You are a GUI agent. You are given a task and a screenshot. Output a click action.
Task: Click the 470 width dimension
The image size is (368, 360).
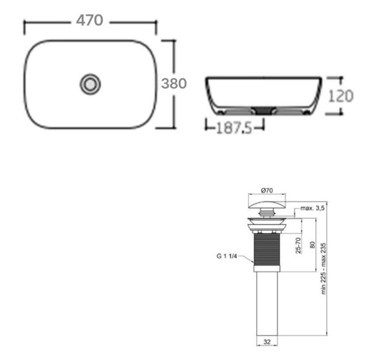coord(90,21)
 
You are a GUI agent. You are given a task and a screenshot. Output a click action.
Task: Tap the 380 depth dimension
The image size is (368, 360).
coord(174,84)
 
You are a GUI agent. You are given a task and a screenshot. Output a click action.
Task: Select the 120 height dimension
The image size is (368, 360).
coord(341,95)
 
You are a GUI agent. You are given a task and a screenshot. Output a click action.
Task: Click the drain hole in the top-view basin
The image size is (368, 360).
coord(90,83)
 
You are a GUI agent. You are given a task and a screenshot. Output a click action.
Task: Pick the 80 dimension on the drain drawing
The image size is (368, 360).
coord(313,245)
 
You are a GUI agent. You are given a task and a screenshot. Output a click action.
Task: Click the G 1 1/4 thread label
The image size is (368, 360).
coord(228,256)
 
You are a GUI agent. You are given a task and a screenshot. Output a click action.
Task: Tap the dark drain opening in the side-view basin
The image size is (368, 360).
coord(261,108)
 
